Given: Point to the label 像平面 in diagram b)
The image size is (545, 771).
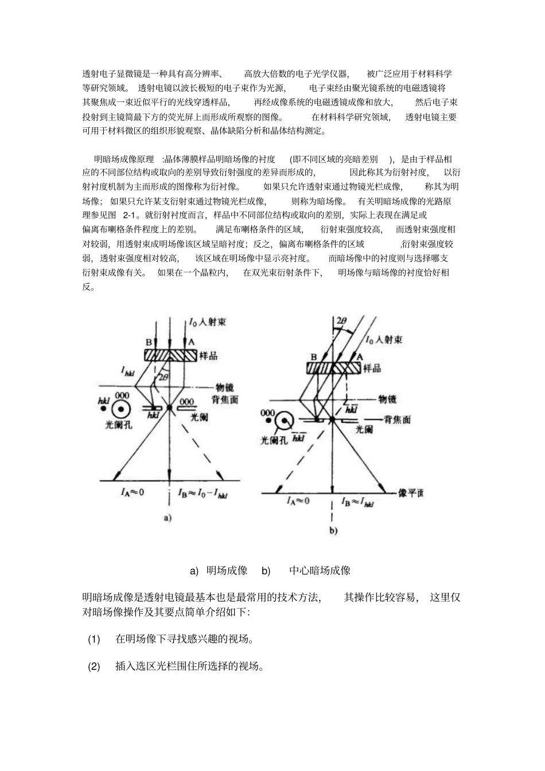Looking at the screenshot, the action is (x=410, y=493).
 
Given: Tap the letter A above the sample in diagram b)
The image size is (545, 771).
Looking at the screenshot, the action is (x=360, y=356).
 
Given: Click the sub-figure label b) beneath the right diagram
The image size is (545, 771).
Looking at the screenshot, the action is (x=333, y=531).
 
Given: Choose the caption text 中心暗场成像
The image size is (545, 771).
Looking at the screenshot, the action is (x=320, y=570).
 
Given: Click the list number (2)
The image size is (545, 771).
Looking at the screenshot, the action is (x=94, y=666).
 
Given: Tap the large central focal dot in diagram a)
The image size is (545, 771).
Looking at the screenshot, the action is (x=170, y=408).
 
